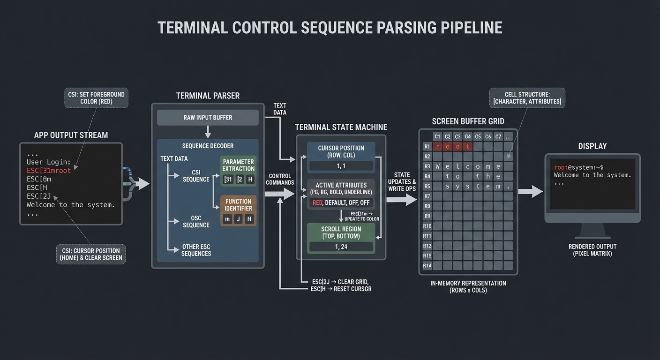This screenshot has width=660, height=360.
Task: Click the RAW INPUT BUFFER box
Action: point(208,118)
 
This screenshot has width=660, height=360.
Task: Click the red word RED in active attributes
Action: point(317,202)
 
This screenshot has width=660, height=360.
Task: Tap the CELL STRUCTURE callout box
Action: point(527,98)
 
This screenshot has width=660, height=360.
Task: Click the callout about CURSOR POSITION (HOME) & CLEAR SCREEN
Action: point(91,254)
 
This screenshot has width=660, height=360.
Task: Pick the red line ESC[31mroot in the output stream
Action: point(49,171)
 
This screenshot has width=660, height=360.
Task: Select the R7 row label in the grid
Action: point(427,196)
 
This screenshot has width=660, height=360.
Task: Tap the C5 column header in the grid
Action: point(478,136)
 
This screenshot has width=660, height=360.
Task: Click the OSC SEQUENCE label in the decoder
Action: point(196,221)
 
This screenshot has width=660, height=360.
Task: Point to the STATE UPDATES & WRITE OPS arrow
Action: point(402,199)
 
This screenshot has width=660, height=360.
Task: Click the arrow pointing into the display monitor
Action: point(530,191)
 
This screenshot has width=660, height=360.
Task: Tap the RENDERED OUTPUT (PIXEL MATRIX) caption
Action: point(592,250)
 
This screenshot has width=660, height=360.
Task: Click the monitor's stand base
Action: point(592,234)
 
